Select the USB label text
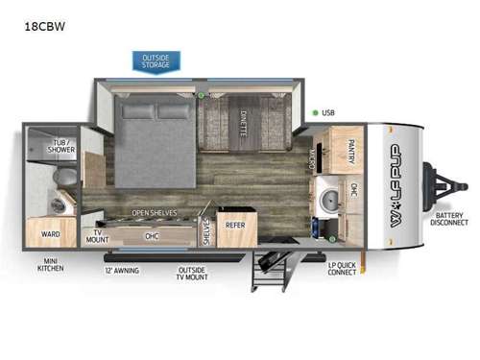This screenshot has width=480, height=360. tap(329, 113)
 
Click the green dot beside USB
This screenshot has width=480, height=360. tap(315, 113)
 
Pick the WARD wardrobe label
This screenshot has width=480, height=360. tap(51, 233)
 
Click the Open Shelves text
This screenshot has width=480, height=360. tap(153, 213)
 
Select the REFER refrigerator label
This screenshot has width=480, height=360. tap(234, 227)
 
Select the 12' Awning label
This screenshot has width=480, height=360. tap(122, 270)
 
